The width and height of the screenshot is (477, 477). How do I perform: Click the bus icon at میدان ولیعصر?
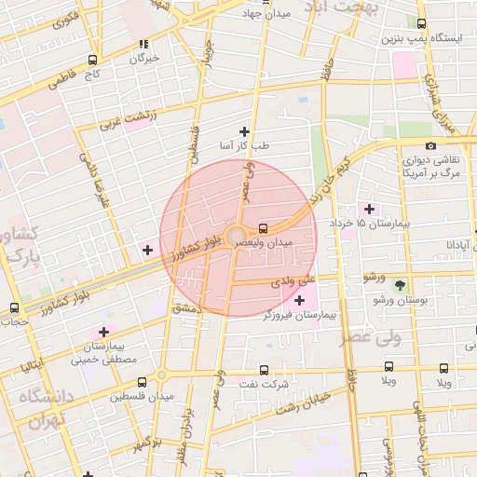pos(263,227)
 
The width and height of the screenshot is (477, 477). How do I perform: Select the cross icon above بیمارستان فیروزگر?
pos(298,300)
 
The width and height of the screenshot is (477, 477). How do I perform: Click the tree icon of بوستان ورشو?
pos(401,285)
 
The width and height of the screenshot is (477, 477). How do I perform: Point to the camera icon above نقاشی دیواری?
pos(429,145)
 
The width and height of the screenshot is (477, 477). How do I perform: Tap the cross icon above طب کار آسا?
pos(245,131)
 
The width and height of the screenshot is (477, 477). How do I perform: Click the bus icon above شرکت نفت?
pos(263,369)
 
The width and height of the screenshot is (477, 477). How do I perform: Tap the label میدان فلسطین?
pos(143,398)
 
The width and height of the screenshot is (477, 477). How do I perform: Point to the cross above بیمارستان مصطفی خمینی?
pos(102,332)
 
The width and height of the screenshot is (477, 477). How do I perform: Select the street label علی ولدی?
pos(294,279)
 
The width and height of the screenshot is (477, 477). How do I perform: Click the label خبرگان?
pos(143,59)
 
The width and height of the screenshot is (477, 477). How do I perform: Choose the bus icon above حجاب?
pos(14,307)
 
